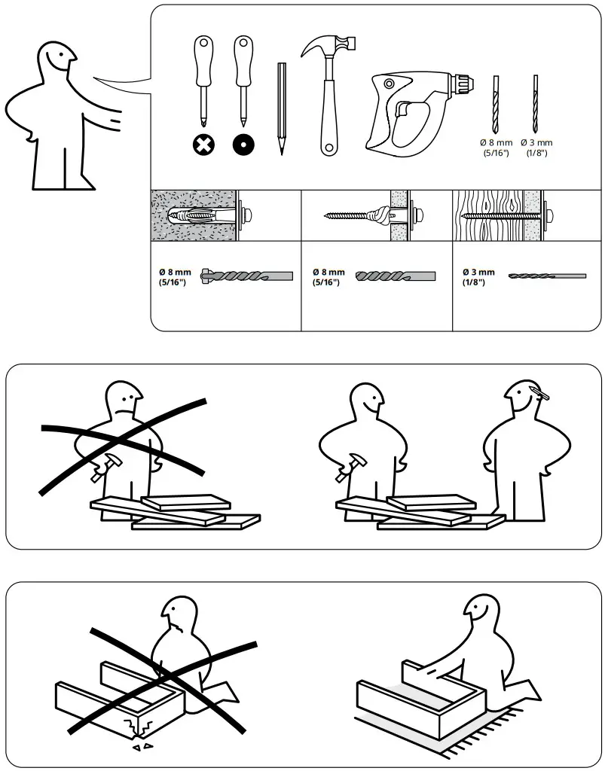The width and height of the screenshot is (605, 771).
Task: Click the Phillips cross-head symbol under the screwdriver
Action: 203,142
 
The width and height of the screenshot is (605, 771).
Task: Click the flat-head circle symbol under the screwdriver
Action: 243,142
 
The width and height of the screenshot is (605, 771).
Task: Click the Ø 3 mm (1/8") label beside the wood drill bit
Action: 478,277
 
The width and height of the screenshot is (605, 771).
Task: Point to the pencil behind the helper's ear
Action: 539,392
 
